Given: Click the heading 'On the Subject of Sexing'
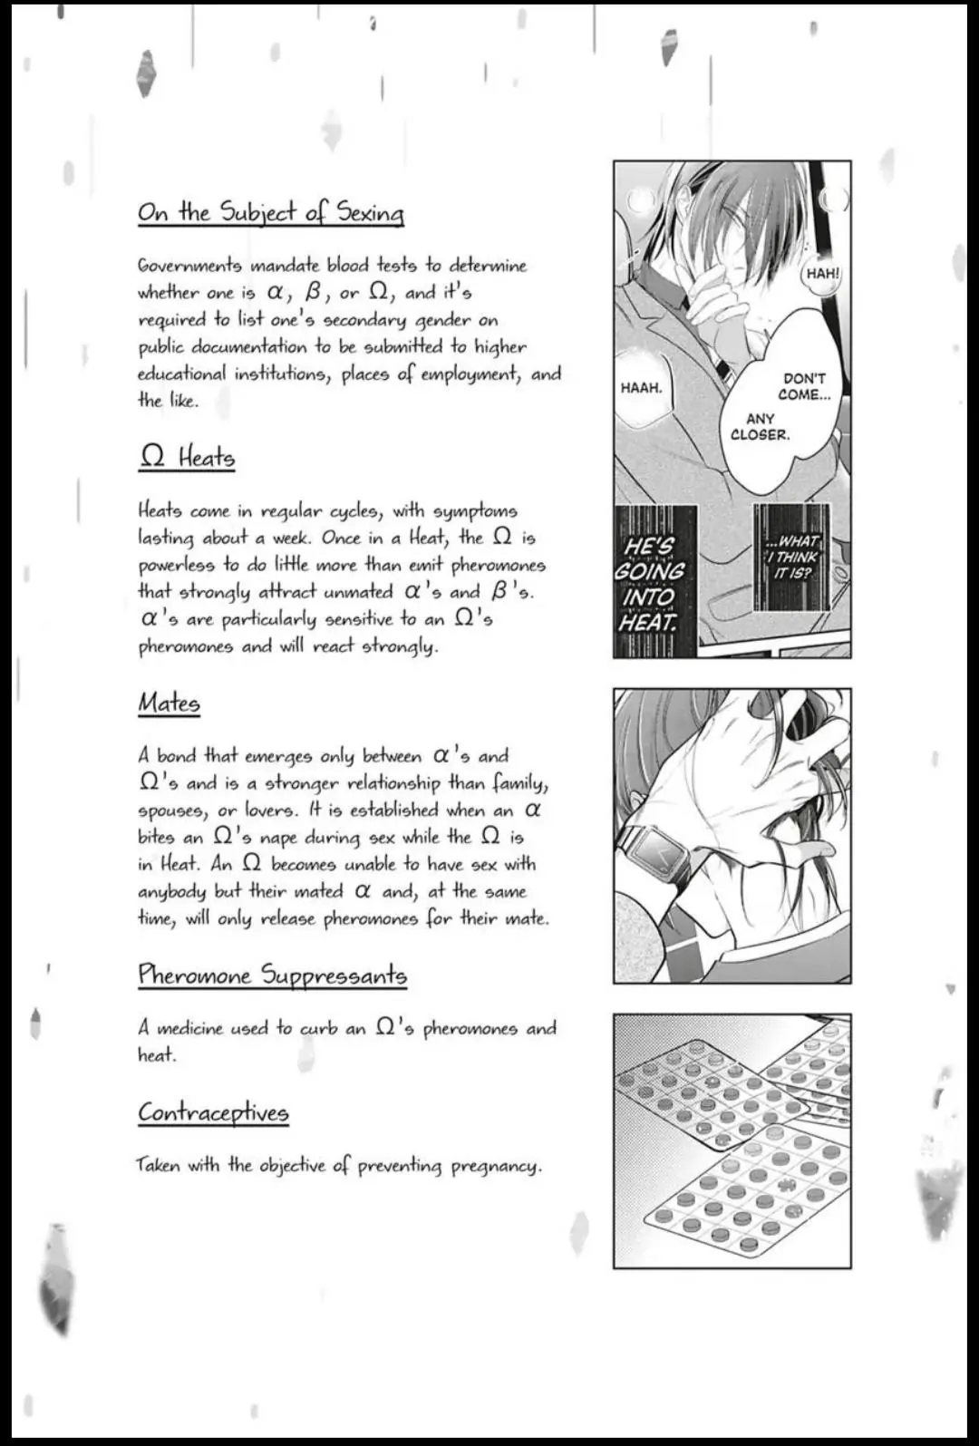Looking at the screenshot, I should tap(270, 213).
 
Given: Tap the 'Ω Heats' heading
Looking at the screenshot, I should tap(187, 457).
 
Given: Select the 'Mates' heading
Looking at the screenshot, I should tap(169, 703).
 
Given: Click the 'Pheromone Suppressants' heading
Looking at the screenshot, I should tap(272, 975).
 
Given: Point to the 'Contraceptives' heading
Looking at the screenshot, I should tap(213, 1111).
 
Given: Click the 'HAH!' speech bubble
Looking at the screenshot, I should tap(822, 272).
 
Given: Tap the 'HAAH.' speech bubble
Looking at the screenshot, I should tap(641, 388).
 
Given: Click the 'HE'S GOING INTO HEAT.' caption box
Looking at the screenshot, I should tap(651, 583).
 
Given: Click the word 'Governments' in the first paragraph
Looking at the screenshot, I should tap(189, 266).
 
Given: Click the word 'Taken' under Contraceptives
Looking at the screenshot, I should tap(159, 1165).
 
